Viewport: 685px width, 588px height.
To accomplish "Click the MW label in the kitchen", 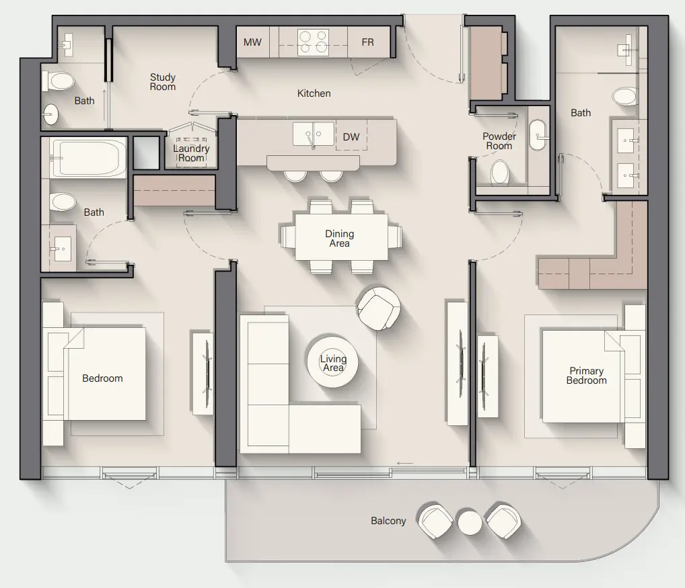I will click(x=252, y=42).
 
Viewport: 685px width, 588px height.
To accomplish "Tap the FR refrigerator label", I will click(x=367, y=42).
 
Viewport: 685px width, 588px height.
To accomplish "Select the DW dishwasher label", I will click(x=351, y=137).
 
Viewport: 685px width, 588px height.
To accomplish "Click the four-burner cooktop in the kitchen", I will click(x=314, y=42).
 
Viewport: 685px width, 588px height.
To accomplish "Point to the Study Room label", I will click(x=162, y=82).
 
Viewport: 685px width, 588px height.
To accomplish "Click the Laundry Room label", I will click(x=191, y=153).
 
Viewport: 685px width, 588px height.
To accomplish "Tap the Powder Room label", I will click(x=499, y=141).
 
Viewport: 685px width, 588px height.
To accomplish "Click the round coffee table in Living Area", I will click(x=333, y=363).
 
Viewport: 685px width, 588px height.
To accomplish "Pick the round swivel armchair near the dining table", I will click(x=379, y=308).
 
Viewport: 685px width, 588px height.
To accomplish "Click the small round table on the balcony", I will click(x=470, y=521).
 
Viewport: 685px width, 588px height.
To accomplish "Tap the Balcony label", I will click(x=388, y=521).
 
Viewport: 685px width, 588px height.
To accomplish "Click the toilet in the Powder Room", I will click(x=501, y=172).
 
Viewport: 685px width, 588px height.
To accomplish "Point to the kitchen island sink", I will click(x=313, y=134).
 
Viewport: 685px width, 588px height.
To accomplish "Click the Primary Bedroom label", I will click(x=586, y=376).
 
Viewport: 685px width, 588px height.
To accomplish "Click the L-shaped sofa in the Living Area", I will click(x=283, y=403).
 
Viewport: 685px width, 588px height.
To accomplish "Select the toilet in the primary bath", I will click(x=625, y=96).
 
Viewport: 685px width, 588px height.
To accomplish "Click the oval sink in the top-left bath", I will click(x=52, y=115).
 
